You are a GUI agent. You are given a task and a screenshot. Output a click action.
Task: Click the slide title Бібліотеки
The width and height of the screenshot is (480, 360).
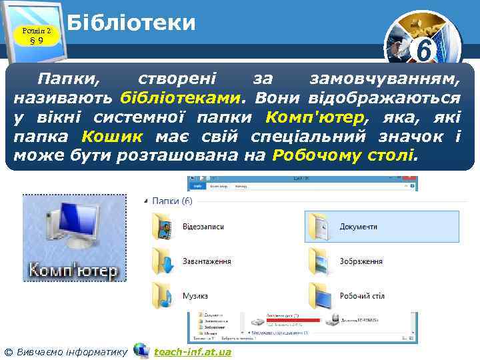(131, 23)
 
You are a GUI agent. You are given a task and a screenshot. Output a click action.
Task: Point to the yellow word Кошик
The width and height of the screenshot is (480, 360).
(112, 137)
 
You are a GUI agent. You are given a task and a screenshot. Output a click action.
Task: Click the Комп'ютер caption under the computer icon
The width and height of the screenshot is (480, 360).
(73, 271)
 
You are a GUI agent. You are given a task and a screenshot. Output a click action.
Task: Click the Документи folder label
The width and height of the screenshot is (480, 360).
(358, 227)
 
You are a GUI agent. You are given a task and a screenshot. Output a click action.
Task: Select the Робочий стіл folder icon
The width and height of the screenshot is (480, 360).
(321, 294)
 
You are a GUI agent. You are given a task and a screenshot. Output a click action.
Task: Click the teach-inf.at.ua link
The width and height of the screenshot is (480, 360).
(193, 351)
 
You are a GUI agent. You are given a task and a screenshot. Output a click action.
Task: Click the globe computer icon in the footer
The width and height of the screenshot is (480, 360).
(141, 350)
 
